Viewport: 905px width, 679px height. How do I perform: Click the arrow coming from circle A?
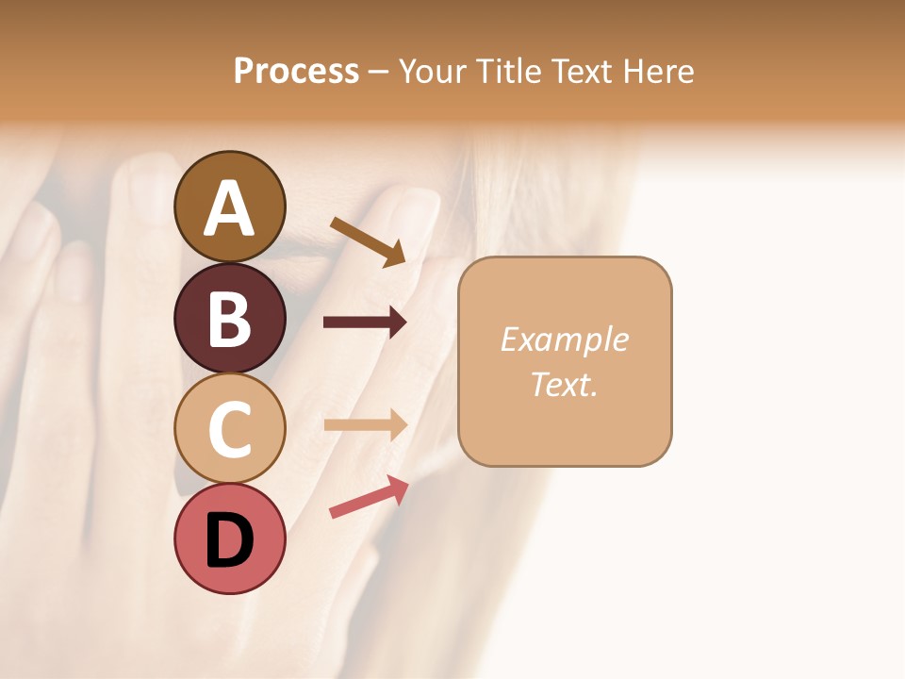click(368, 240)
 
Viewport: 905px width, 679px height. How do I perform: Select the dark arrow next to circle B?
click(365, 323)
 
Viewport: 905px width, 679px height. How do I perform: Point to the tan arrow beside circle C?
click(365, 424)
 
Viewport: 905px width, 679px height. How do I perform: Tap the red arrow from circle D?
click(369, 497)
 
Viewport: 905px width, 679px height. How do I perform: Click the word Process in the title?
click(296, 71)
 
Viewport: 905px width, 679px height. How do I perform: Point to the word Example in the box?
click(564, 339)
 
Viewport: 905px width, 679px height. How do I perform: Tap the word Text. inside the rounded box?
click(564, 384)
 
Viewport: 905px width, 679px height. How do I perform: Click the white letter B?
click(229, 318)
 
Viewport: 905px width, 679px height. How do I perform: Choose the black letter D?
click(229, 539)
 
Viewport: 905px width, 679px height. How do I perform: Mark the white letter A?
click(229, 207)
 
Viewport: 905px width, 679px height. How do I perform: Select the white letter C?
click(229, 429)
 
